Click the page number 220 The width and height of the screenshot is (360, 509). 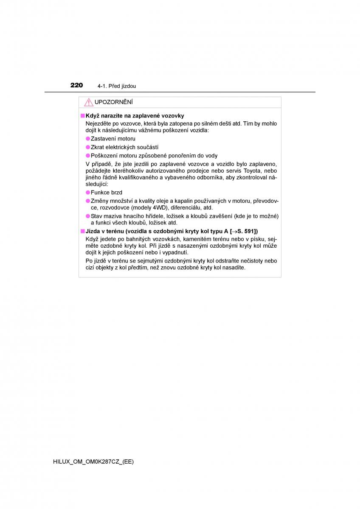[76, 85]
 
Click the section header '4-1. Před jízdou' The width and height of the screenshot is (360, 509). [116, 86]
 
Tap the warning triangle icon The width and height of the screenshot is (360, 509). [88, 102]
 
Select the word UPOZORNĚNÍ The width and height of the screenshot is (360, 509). [113, 102]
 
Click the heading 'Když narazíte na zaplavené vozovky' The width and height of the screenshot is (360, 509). [135, 115]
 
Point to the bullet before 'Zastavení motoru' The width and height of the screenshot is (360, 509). [88, 139]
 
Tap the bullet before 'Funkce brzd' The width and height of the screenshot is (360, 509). [88, 193]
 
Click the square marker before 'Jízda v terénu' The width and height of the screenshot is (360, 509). [82, 231]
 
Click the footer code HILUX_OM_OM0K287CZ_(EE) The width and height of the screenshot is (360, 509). [93, 462]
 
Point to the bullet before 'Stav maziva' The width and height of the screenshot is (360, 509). [88, 216]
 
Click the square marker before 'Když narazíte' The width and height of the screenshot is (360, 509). [82, 115]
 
